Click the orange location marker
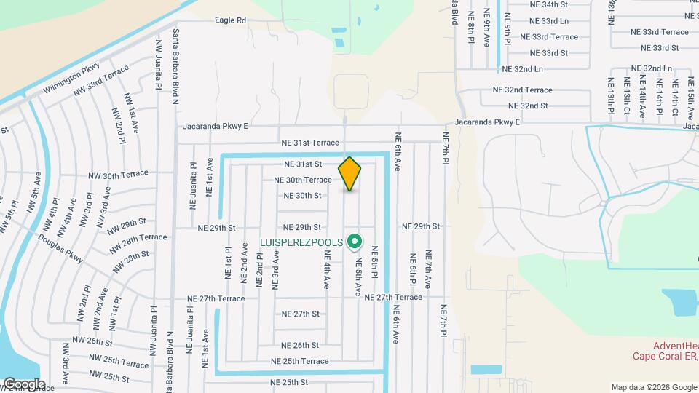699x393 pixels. click(350, 174)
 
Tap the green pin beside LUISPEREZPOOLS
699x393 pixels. click(355, 239)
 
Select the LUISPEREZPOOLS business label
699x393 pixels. click(299, 241)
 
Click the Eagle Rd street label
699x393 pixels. click(230, 20)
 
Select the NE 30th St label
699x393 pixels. click(303, 196)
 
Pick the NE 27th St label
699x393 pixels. click(301, 314)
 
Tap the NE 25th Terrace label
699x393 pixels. click(300, 361)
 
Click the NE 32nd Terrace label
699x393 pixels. click(522, 90)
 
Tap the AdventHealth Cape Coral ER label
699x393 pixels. click(661, 351)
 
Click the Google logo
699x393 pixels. click(23, 384)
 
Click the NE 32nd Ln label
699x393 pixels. click(523, 69)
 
